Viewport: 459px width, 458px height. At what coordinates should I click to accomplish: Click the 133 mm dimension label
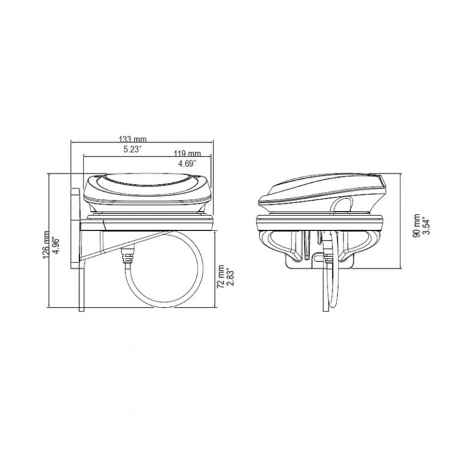(x=133, y=139)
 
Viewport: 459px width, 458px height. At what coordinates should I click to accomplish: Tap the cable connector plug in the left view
(x=127, y=257)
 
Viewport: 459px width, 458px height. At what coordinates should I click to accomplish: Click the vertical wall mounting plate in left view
(x=81, y=280)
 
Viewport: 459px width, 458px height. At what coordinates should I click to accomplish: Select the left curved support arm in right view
(x=271, y=242)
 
